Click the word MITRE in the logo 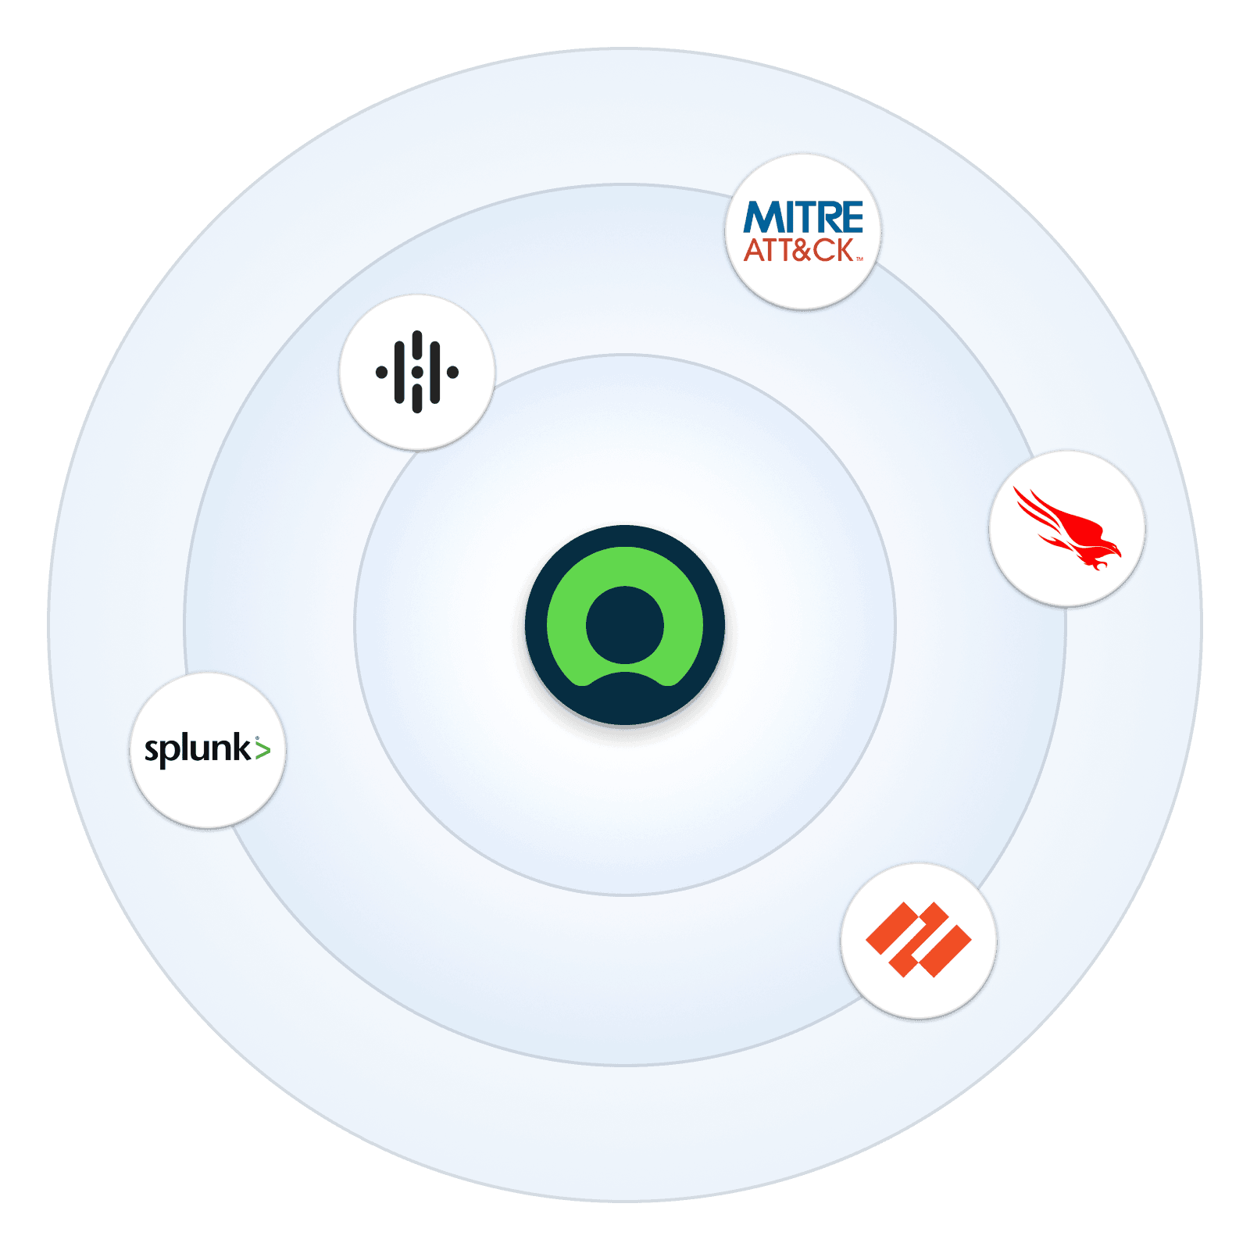[803, 217]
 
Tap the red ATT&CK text [798, 251]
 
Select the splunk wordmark [198, 749]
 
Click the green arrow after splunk [262, 750]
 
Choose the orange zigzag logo [918, 940]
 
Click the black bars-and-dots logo [417, 372]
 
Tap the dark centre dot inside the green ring [625, 625]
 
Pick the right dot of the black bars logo [452, 372]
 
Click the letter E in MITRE [852, 217]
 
